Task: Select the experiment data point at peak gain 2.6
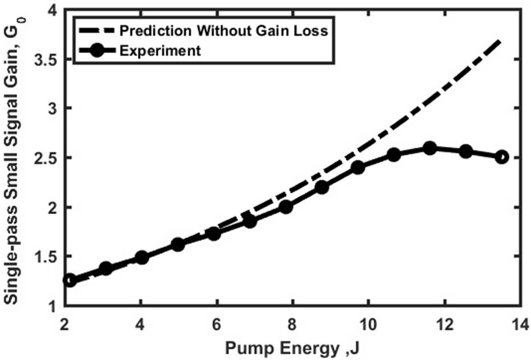pyautogui.click(x=430, y=148)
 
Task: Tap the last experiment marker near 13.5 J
pyautogui.click(x=501, y=157)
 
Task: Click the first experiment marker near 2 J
pyautogui.click(x=70, y=280)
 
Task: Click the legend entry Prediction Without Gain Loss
pyautogui.click(x=224, y=31)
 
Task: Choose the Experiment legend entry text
pyautogui.click(x=161, y=50)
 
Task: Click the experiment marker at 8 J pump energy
pyautogui.click(x=286, y=206)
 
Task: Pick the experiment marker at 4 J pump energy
pyautogui.click(x=142, y=257)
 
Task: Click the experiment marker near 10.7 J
pyautogui.click(x=394, y=154)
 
